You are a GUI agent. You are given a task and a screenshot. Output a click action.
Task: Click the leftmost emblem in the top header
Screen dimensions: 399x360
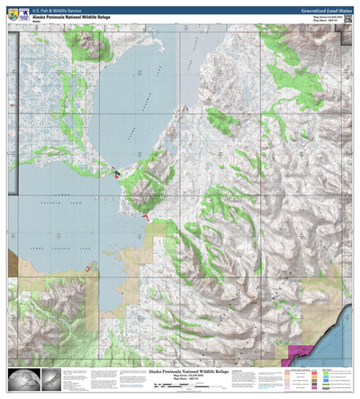point(12,16)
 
